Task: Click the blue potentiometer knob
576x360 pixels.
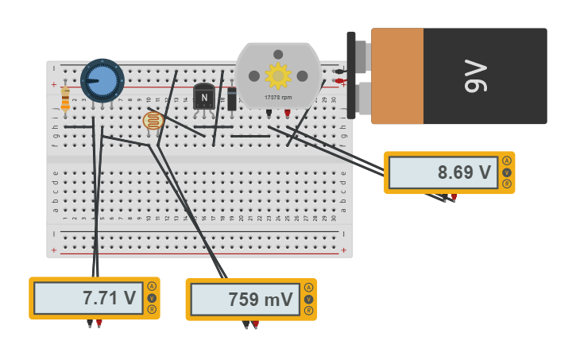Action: [x=102, y=80]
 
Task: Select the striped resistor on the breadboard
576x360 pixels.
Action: [x=65, y=99]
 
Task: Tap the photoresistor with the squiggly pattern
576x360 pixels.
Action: [x=153, y=121]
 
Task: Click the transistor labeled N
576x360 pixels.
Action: [x=204, y=97]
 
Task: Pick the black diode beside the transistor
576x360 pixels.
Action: [x=232, y=99]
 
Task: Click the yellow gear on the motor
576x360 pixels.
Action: [x=278, y=75]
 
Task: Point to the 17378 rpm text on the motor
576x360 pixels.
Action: [x=278, y=98]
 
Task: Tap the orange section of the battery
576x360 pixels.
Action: [x=397, y=75]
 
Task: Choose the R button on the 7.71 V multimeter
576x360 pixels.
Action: [x=151, y=310]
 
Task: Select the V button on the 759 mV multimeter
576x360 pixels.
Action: [x=307, y=300]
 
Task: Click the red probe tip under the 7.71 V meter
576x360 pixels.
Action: [x=99, y=323]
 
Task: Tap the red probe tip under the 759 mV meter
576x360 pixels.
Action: [x=256, y=324]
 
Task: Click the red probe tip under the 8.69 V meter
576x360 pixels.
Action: [x=454, y=197]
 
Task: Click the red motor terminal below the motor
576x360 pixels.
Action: [x=288, y=113]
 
